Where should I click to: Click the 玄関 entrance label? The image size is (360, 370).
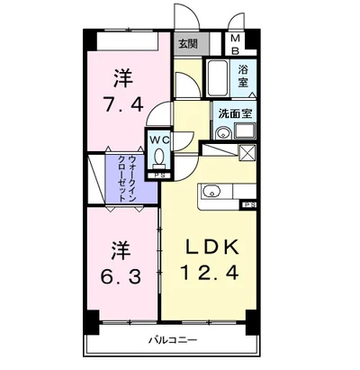[x=187, y=43]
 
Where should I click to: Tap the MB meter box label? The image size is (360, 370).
[x=235, y=43]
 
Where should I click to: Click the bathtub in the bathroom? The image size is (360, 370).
[x=218, y=81]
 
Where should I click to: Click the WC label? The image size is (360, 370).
[x=158, y=140]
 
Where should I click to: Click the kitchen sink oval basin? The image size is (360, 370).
[x=212, y=191]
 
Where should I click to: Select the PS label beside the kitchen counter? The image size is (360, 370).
[x=247, y=206]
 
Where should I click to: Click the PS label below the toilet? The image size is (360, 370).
[x=158, y=176]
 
